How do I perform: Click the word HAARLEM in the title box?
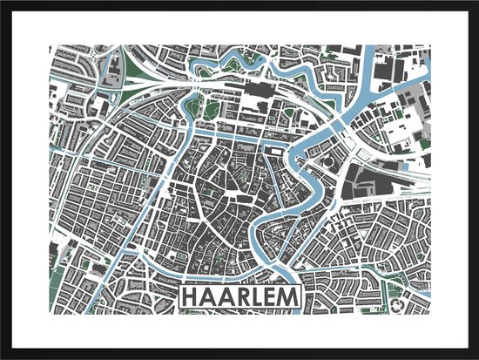pyautogui.click(x=239, y=298)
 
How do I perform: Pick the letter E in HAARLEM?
pyautogui.click(x=269, y=298)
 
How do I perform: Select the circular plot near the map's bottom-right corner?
pyautogui.click(x=399, y=305)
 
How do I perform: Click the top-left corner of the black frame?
pyautogui.click(x=3, y=3)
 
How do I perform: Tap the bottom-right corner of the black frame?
pyautogui.click(x=476, y=357)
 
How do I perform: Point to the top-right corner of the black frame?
pyautogui.click(x=476, y=3)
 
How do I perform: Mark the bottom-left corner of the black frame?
pyautogui.click(x=3, y=357)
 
